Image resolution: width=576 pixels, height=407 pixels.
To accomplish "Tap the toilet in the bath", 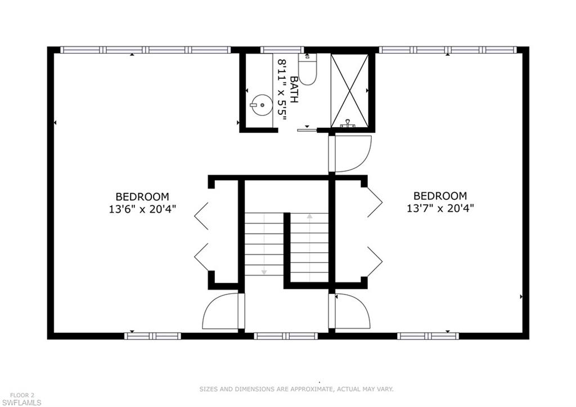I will click(307, 70).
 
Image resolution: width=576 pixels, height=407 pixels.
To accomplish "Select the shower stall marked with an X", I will click(349, 90).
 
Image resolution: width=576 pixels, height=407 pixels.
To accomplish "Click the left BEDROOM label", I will click(142, 196).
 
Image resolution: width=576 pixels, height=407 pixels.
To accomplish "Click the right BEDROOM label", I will click(440, 196).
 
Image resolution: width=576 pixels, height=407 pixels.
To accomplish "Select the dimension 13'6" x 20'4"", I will click(142, 208).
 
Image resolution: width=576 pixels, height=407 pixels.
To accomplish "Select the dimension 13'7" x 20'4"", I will click(440, 208).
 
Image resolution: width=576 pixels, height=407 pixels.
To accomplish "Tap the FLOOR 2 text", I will click(22, 395).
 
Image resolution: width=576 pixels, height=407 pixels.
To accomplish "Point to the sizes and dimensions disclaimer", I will click(296, 389).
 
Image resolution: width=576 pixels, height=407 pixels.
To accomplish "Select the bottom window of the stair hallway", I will click(286, 336).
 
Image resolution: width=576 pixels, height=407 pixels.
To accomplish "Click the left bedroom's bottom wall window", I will click(152, 336).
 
